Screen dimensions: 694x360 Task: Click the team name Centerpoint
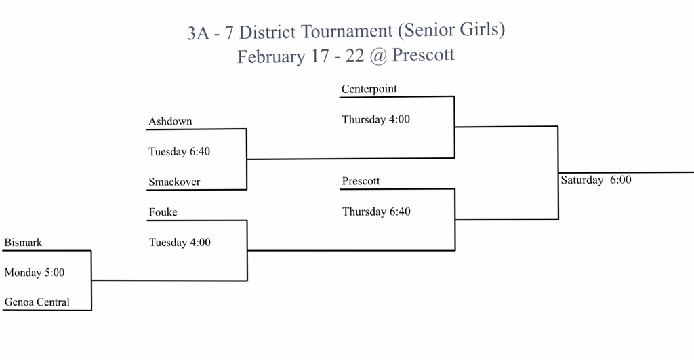click(369, 89)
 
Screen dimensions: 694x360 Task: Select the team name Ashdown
click(170, 121)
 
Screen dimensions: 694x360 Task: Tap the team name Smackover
click(174, 182)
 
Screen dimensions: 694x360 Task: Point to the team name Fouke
click(163, 212)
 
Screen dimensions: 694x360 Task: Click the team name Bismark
click(23, 243)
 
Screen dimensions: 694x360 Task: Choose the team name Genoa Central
click(37, 302)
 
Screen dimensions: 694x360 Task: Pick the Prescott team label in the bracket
click(361, 181)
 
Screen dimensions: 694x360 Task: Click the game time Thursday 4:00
click(375, 119)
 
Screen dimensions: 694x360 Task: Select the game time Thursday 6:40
click(376, 212)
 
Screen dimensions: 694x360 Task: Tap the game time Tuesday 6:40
click(179, 152)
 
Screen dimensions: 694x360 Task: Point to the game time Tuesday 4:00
click(180, 243)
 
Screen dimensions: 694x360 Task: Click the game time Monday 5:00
click(35, 273)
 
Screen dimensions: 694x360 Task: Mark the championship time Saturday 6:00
click(596, 180)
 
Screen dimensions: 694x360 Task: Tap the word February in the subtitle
click(271, 57)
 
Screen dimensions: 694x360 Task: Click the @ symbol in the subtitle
click(377, 56)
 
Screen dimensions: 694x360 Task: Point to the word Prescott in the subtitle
click(423, 55)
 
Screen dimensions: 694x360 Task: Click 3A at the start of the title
click(198, 33)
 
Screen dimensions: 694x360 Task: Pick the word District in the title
click(267, 33)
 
